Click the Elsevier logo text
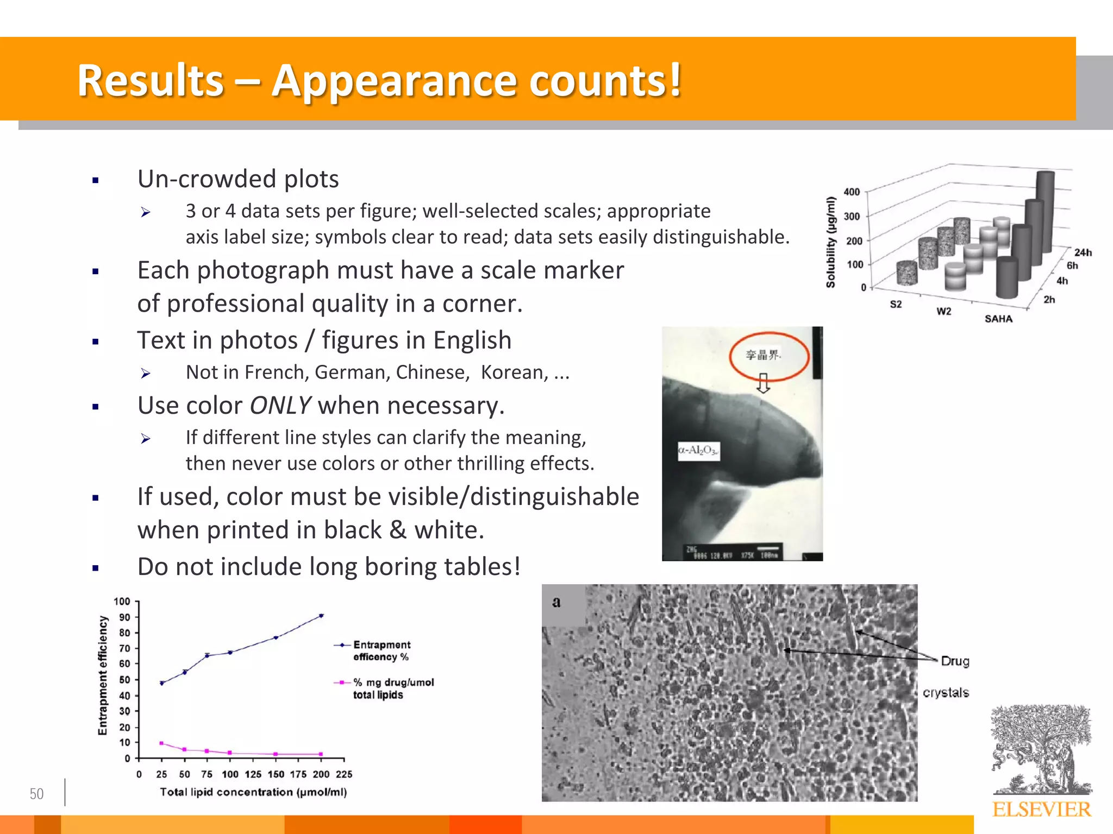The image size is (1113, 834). pyautogui.click(x=1041, y=810)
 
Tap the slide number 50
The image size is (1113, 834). pyautogui.click(x=36, y=794)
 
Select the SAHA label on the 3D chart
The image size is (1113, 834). pyautogui.click(x=998, y=319)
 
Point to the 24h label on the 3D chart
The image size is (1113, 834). pyautogui.click(x=1083, y=252)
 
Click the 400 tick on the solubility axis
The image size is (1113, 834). pyautogui.click(x=852, y=192)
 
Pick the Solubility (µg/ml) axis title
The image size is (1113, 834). pyautogui.click(x=830, y=242)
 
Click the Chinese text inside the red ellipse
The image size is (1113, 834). pyautogui.click(x=763, y=355)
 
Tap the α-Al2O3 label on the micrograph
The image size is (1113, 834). pyautogui.click(x=698, y=450)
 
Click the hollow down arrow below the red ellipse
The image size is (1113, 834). pyautogui.click(x=764, y=383)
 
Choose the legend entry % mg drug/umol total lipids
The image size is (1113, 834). pyautogui.click(x=393, y=688)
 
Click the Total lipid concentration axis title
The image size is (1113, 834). pyautogui.click(x=253, y=792)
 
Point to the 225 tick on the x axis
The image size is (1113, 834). pyautogui.click(x=344, y=774)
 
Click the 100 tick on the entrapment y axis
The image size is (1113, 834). pyautogui.click(x=122, y=602)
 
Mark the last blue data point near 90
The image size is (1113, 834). pyautogui.click(x=321, y=616)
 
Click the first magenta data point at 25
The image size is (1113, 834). pyautogui.click(x=161, y=743)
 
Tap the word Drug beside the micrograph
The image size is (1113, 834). pyautogui.click(x=955, y=661)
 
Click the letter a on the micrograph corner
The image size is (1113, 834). pyautogui.click(x=556, y=602)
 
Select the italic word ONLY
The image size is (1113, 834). pyautogui.click(x=280, y=406)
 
